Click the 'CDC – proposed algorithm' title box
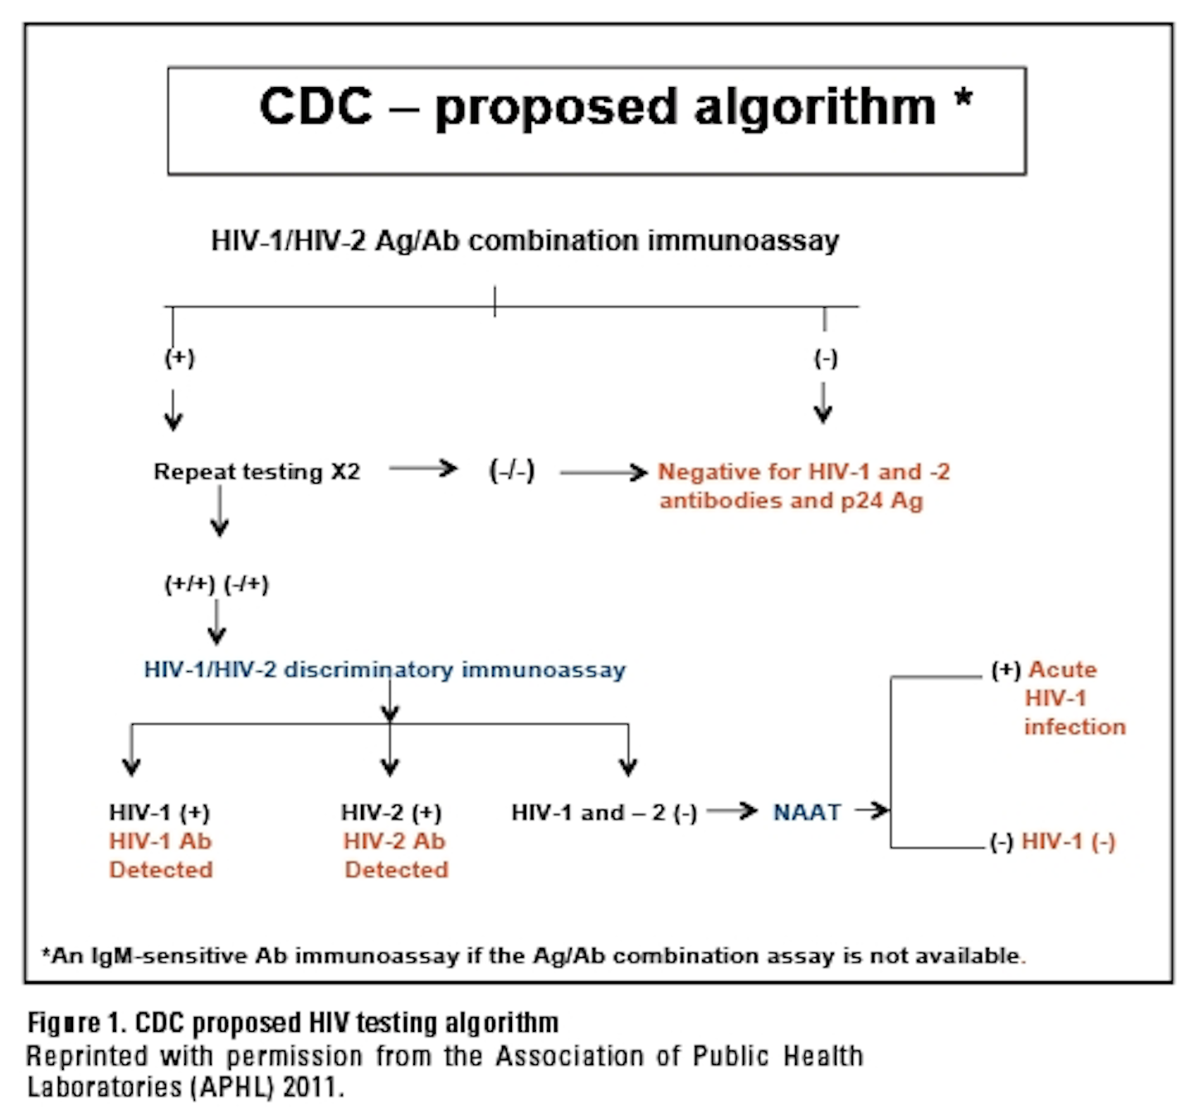coord(597,120)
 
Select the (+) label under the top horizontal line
coord(179,358)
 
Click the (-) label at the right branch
coord(825,358)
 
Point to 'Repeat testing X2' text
coord(256,472)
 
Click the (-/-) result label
coord(511,471)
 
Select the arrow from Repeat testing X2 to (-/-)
coord(423,469)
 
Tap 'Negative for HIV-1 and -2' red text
coord(802,472)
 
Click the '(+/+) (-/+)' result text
coord(216,584)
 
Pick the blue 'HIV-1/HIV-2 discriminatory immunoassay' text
coord(384,669)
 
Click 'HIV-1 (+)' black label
coord(159,813)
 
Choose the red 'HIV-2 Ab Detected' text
coord(395,855)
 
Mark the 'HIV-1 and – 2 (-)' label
coord(603,813)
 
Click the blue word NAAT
coord(807,813)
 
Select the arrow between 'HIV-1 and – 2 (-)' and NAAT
coord(732,810)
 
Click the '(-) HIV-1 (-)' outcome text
coord(1052,842)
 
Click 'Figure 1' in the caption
coord(76,1023)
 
